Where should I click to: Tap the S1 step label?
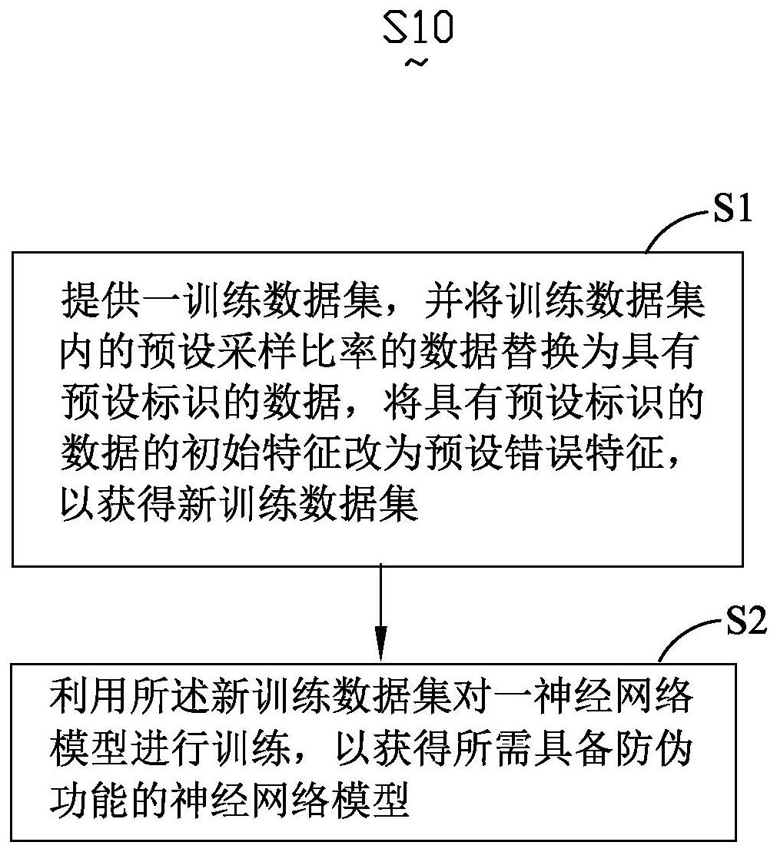click(x=732, y=208)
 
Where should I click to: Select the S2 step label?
click(x=747, y=621)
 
